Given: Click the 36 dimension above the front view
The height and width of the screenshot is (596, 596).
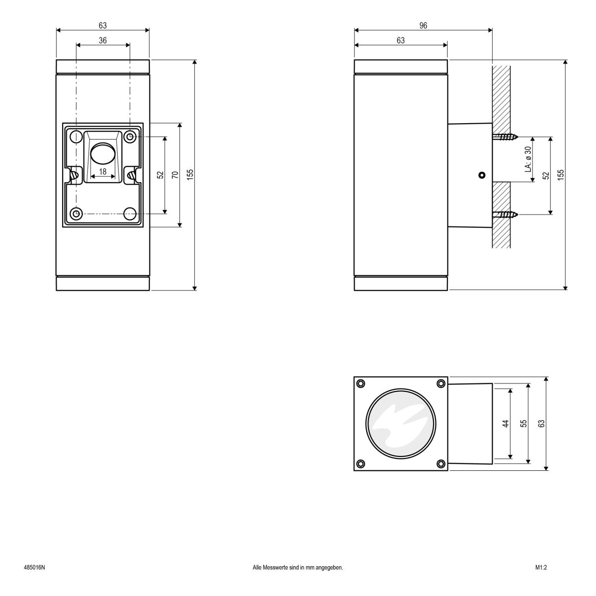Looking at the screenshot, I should (x=102, y=41).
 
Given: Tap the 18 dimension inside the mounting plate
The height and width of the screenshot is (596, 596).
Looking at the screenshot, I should (x=103, y=171).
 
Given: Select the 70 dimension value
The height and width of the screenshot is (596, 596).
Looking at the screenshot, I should (x=175, y=175).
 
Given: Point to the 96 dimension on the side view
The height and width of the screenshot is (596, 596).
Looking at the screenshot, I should (x=423, y=26).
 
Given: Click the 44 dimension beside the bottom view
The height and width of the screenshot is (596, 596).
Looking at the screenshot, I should (x=506, y=424).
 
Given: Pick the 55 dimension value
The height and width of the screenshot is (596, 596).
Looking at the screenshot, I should (x=523, y=424).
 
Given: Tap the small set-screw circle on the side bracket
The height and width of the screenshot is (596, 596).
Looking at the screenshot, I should (x=481, y=175).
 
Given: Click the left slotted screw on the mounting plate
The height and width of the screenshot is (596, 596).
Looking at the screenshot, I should (x=75, y=175).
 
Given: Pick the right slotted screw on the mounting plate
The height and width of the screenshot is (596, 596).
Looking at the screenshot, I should (x=131, y=175).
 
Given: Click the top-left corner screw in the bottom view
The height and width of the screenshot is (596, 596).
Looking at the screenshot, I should (x=361, y=383).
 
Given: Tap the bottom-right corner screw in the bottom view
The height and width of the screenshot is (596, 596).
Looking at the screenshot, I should (x=441, y=464).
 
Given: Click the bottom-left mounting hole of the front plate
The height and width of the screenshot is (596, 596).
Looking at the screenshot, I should (x=76, y=214).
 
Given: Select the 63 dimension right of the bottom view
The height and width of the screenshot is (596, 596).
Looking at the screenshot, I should (x=542, y=424).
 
